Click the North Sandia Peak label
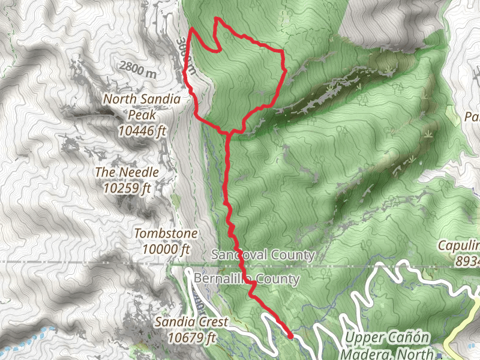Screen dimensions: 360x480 (137, 106)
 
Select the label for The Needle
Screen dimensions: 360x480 (127, 172)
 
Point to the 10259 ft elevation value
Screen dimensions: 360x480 (127, 188)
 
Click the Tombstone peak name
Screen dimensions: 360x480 (166, 233)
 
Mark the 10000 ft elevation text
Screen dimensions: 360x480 (166, 248)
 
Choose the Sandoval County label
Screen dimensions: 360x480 (263, 255)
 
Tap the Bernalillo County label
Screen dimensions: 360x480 (247, 279)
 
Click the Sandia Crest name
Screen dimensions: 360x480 (191, 322)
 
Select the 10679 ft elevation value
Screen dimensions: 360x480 (191, 338)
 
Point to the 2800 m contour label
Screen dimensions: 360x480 (137, 69)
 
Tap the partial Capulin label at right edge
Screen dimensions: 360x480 (459, 245)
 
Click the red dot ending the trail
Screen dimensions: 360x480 (290, 337)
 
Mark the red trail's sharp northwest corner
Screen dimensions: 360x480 (191, 28)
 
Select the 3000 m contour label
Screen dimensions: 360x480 (186, 57)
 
